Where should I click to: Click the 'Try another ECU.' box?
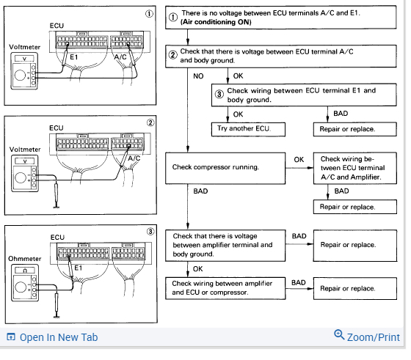click(248, 129)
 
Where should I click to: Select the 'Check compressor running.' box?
click(225, 169)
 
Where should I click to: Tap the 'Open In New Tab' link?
click(52, 337)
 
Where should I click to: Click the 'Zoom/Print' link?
click(367, 337)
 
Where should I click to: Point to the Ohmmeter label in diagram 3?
click(25, 259)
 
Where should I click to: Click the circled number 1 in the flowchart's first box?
click(172, 18)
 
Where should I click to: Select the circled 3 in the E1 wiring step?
click(219, 94)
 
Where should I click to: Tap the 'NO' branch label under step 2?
click(198, 76)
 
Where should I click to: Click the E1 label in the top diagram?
click(74, 57)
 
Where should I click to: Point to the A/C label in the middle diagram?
click(134, 158)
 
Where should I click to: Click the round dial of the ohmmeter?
click(21, 287)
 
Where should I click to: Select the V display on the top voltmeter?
click(24, 59)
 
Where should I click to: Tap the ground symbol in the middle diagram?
click(57, 207)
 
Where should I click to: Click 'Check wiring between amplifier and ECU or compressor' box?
click(225, 288)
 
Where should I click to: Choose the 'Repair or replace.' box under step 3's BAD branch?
click(355, 129)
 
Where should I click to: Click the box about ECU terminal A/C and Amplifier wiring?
click(355, 168)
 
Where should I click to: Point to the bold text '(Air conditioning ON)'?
click(216, 22)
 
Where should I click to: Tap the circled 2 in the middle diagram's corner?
click(150, 122)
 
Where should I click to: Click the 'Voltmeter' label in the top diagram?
click(25, 47)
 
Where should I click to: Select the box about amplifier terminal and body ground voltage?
click(225, 246)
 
